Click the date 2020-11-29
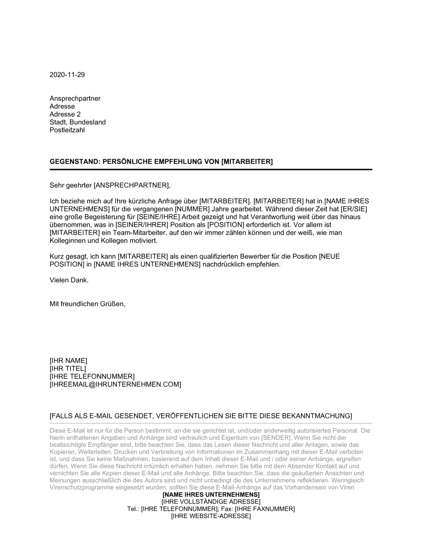[67, 75]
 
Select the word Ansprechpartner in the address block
[75, 98]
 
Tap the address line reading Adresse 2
[65, 114]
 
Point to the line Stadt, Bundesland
[78, 122]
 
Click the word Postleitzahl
[67, 130]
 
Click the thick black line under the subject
[211, 170]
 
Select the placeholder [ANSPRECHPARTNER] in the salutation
[132, 185]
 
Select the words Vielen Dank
[69, 280]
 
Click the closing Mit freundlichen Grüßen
[87, 304]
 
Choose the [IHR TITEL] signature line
[68, 369]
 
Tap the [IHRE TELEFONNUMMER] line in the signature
[92, 376]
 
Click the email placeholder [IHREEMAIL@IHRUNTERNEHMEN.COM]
[115, 384]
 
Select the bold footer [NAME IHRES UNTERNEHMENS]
[211, 495]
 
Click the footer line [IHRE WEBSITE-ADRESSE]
[211, 516]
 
